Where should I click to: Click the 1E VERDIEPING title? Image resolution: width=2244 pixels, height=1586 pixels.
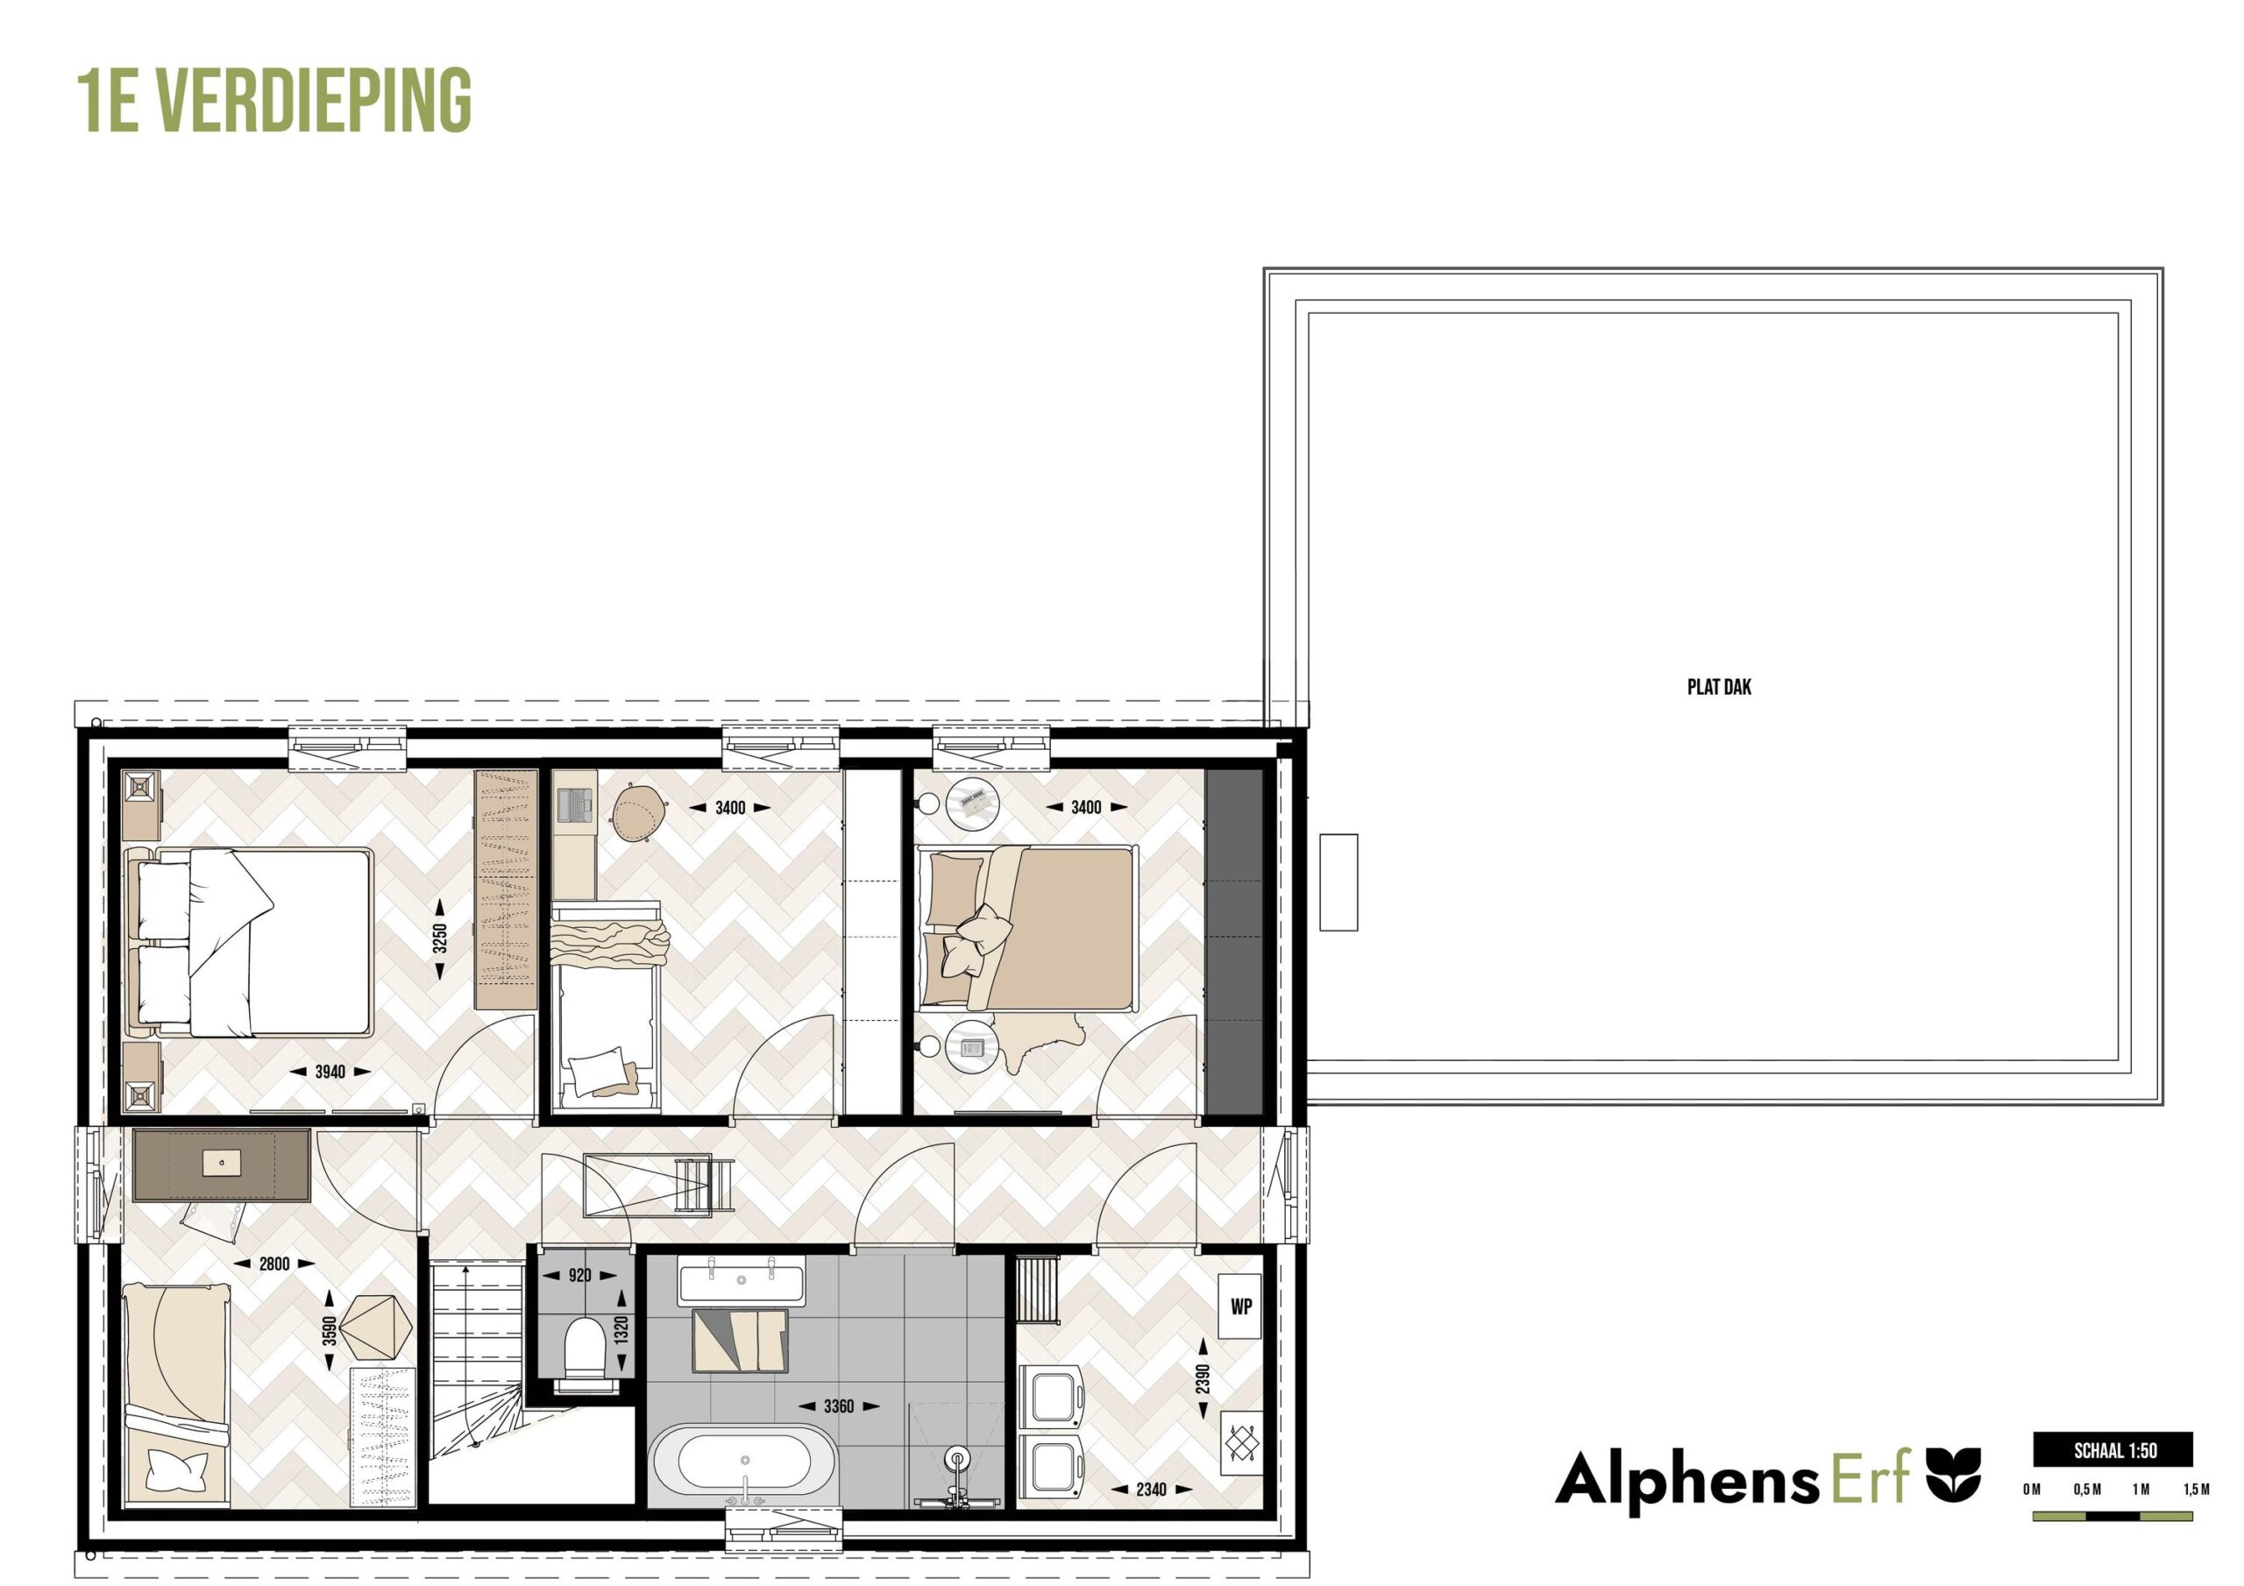coord(274,101)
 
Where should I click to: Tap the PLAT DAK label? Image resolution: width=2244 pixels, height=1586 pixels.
coord(1719,687)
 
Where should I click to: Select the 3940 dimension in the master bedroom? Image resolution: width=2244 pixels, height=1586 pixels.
coord(330,1072)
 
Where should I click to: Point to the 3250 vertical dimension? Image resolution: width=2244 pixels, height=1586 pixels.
coord(440,938)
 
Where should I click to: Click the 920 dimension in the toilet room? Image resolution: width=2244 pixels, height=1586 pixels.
coord(579,1275)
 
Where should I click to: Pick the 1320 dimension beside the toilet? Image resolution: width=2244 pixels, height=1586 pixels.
coord(622,1330)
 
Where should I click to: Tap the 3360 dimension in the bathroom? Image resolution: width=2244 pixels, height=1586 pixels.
coord(839,1406)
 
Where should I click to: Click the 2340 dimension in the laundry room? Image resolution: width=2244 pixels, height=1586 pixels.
coord(1151,1490)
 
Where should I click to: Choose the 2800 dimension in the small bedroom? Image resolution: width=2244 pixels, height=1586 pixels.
coord(273,1264)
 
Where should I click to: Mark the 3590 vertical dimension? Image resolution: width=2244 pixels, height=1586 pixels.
coord(330,1331)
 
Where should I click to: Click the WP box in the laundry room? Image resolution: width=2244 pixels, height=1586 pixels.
coord(1241,1306)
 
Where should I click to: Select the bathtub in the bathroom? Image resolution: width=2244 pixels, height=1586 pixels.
coord(745,1465)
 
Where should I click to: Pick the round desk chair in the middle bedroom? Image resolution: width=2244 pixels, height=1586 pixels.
coord(640,814)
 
